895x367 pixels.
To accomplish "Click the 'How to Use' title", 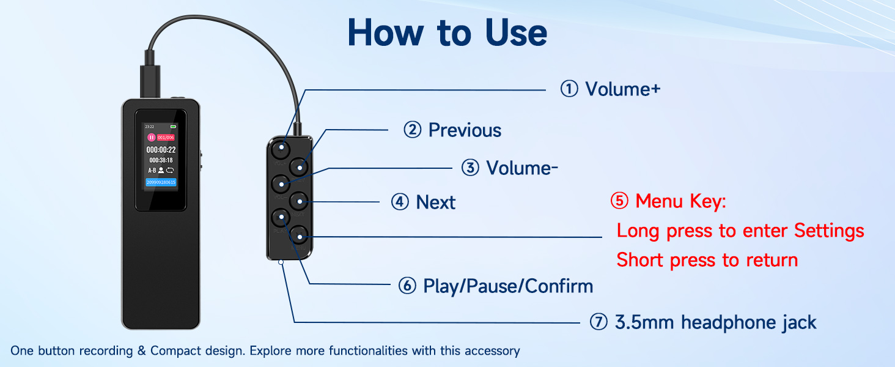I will pyautogui.click(x=447, y=33).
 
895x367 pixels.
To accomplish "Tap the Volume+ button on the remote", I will pyautogui.click(x=282, y=148).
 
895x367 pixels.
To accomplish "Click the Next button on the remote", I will pyautogui.click(x=298, y=200).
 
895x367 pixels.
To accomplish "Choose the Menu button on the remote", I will pyautogui.click(x=298, y=234).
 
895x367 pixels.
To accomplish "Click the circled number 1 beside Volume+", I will pyautogui.click(x=569, y=89).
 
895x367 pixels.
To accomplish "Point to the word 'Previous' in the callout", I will pyautogui.click(x=465, y=130).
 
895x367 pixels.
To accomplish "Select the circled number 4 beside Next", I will pyautogui.click(x=400, y=202).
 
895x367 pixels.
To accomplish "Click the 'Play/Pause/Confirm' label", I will pyautogui.click(x=508, y=286).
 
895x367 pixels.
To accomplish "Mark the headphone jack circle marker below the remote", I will pyautogui.click(x=281, y=262).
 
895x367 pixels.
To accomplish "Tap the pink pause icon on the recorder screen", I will pyautogui.click(x=151, y=138).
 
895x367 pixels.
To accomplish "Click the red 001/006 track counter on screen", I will pyautogui.click(x=166, y=138).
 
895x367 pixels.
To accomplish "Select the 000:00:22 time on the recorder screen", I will pyautogui.click(x=161, y=149).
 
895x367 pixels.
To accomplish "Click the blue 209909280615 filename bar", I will pyautogui.click(x=161, y=182).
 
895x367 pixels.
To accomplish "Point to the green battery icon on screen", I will pyautogui.click(x=173, y=127).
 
